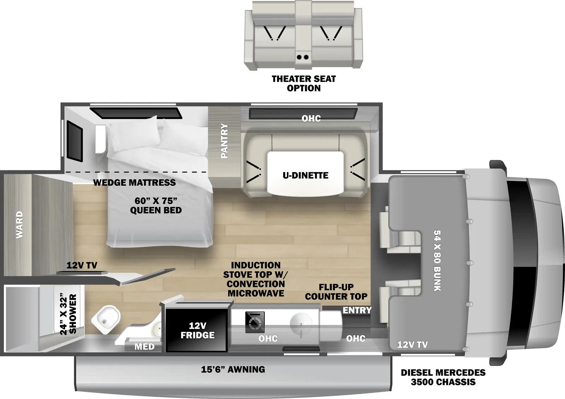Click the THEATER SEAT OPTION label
[x=304, y=83]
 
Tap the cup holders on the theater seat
[x=303, y=57]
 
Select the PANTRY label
[x=224, y=141]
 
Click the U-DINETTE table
[x=305, y=173]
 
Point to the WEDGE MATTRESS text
[x=134, y=182]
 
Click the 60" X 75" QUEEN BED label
[x=156, y=205]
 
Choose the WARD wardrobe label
[x=19, y=225]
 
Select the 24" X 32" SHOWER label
[x=68, y=314]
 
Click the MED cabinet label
[x=144, y=347]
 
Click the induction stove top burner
[x=255, y=322]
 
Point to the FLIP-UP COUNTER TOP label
[x=336, y=292]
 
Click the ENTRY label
[x=357, y=310]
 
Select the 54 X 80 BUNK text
[x=437, y=261]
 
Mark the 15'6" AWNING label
[x=233, y=369]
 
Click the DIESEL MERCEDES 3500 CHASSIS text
[x=443, y=377]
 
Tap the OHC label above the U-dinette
[x=311, y=118]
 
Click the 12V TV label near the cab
[x=412, y=344]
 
